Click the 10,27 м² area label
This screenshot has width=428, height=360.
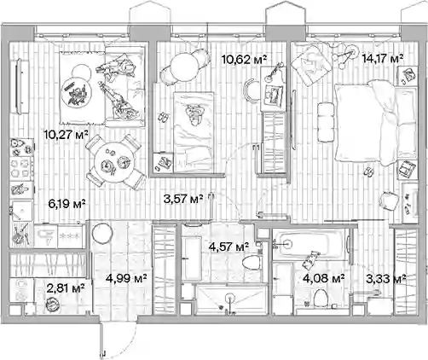(x=66, y=134)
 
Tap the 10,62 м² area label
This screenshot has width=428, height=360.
(x=244, y=60)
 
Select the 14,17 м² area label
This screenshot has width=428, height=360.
(x=383, y=59)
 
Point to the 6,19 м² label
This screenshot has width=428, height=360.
(x=67, y=204)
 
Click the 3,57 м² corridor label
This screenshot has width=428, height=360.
(x=183, y=199)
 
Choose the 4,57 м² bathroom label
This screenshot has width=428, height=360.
(x=228, y=247)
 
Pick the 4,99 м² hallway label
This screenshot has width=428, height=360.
(x=126, y=278)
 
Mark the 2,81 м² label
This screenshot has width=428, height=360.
(x=66, y=288)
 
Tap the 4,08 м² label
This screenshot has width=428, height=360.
(x=324, y=278)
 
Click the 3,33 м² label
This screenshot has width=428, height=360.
(x=386, y=279)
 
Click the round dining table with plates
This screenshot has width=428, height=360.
(x=113, y=163)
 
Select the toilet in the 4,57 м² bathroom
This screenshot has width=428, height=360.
(x=252, y=262)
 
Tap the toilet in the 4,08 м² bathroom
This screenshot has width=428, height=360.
(x=321, y=298)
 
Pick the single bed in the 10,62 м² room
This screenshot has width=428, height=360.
(x=194, y=132)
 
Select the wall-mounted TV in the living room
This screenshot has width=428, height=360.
(x=19, y=86)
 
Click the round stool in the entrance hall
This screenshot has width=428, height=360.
(x=102, y=234)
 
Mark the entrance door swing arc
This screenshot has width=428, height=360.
(x=127, y=345)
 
